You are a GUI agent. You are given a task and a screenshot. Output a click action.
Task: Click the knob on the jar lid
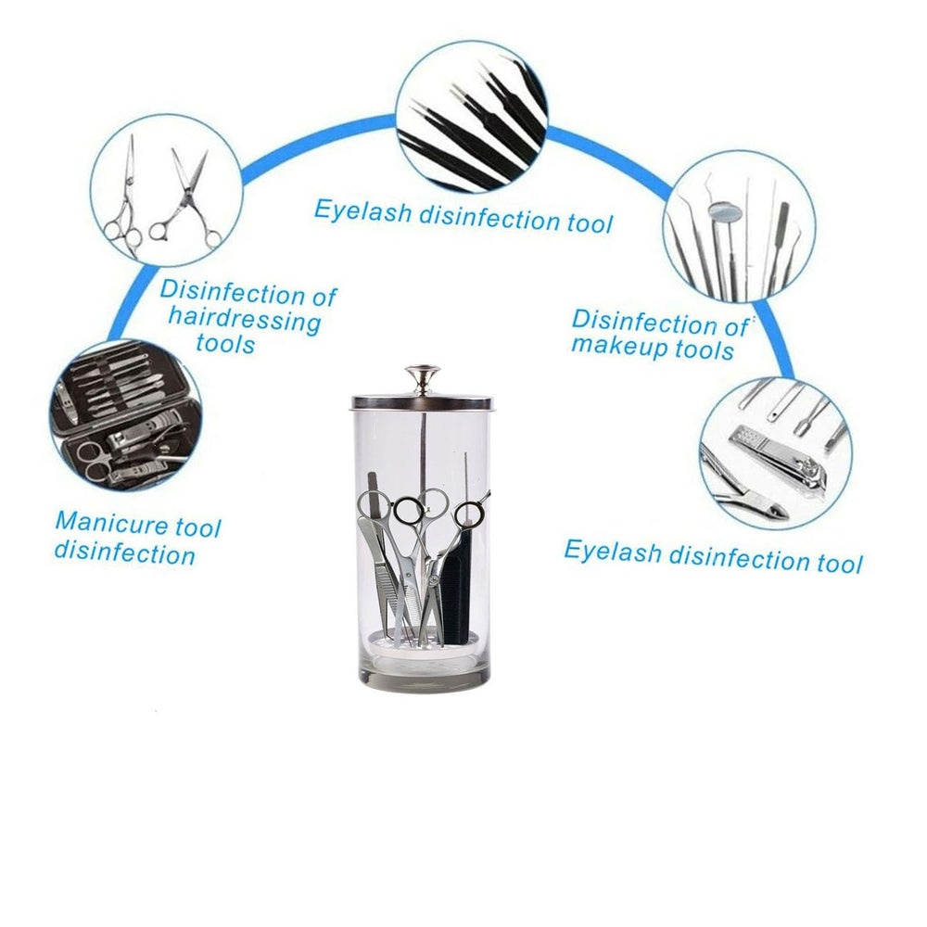[422, 378]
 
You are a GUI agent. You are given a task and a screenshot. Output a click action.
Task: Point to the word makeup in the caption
[619, 345]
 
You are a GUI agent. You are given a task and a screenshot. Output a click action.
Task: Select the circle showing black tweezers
[472, 117]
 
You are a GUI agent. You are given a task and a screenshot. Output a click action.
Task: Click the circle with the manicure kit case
[125, 416]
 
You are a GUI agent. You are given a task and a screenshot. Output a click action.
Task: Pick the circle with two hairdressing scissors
[166, 190]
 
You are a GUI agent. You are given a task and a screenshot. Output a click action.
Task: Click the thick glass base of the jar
[424, 677]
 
